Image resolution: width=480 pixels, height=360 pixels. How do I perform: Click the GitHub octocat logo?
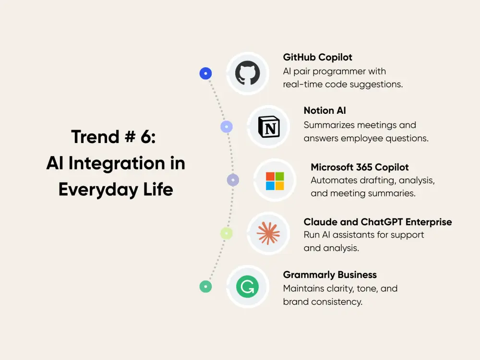[247, 73]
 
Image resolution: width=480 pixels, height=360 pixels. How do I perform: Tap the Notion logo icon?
[268, 127]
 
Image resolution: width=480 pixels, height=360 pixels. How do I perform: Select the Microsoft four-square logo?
[275, 181]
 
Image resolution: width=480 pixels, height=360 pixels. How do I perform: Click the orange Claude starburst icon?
[268, 234]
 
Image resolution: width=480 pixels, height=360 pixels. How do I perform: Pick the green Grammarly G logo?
[247, 287]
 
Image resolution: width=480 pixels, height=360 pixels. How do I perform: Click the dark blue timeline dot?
[205, 73]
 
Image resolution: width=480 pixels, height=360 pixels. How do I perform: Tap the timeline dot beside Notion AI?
[227, 127]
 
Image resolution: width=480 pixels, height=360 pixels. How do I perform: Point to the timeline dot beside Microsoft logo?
[233, 180]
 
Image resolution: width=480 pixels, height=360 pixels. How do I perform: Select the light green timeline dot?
[227, 233]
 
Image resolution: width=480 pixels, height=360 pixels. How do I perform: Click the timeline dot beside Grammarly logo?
[205, 287]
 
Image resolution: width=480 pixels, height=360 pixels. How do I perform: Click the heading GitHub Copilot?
[317, 57]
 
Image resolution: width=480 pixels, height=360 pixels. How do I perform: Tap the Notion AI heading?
[324, 110]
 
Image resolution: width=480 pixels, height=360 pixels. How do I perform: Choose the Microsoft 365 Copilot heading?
[360, 167]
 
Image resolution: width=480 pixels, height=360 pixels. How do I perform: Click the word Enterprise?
[429, 222]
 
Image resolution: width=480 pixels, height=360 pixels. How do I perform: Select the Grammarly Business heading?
[330, 275]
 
